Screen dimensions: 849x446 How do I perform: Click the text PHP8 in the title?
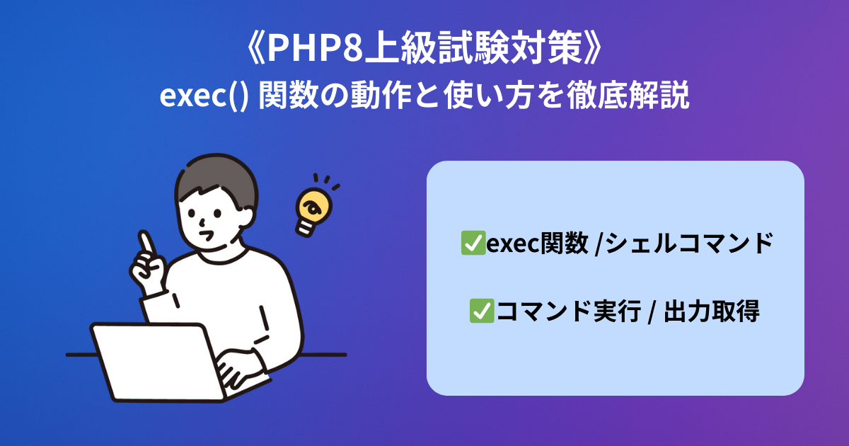[316, 49]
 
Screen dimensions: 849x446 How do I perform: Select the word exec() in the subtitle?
[204, 96]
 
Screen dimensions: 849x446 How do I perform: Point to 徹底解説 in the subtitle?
[628, 96]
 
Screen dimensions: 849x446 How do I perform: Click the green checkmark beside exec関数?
[473, 243]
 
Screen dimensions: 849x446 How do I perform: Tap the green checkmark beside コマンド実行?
[482, 311]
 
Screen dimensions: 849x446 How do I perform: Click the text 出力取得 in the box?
[712, 311]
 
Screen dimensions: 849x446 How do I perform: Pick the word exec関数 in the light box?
[537, 243]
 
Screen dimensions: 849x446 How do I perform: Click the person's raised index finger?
[146, 243]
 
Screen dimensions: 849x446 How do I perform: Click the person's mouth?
[207, 236]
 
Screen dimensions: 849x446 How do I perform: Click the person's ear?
[246, 218]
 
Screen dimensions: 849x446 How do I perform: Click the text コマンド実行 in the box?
[568, 311]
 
